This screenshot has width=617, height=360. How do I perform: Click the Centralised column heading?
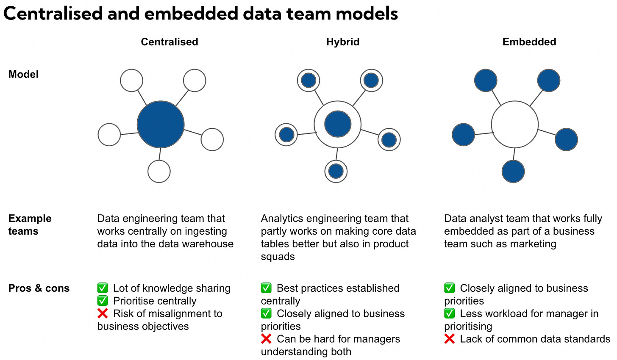(170, 42)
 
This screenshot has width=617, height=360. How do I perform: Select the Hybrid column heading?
(343, 42)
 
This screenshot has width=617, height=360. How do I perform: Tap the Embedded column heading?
(529, 42)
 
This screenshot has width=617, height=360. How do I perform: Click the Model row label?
(23, 75)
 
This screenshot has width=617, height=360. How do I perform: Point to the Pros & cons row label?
(39, 288)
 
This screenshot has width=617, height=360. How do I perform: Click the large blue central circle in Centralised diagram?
(161, 125)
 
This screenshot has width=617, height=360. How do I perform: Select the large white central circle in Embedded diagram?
(515, 125)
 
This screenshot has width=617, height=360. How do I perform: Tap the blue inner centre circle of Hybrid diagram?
(338, 125)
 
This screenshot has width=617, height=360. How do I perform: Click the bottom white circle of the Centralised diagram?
(159, 172)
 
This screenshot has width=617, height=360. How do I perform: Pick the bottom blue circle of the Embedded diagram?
(513, 172)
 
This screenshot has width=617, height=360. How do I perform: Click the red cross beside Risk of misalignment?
(103, 314)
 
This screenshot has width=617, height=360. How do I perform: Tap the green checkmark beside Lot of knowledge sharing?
(103, 288)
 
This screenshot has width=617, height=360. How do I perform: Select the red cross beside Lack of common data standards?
(450, 339)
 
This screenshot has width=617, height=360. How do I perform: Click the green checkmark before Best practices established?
(266, 288)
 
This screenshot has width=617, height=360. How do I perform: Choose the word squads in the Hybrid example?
(278, 257)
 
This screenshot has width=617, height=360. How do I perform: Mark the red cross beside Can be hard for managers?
(266, 339)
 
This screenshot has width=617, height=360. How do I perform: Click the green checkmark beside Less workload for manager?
(450, 314)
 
